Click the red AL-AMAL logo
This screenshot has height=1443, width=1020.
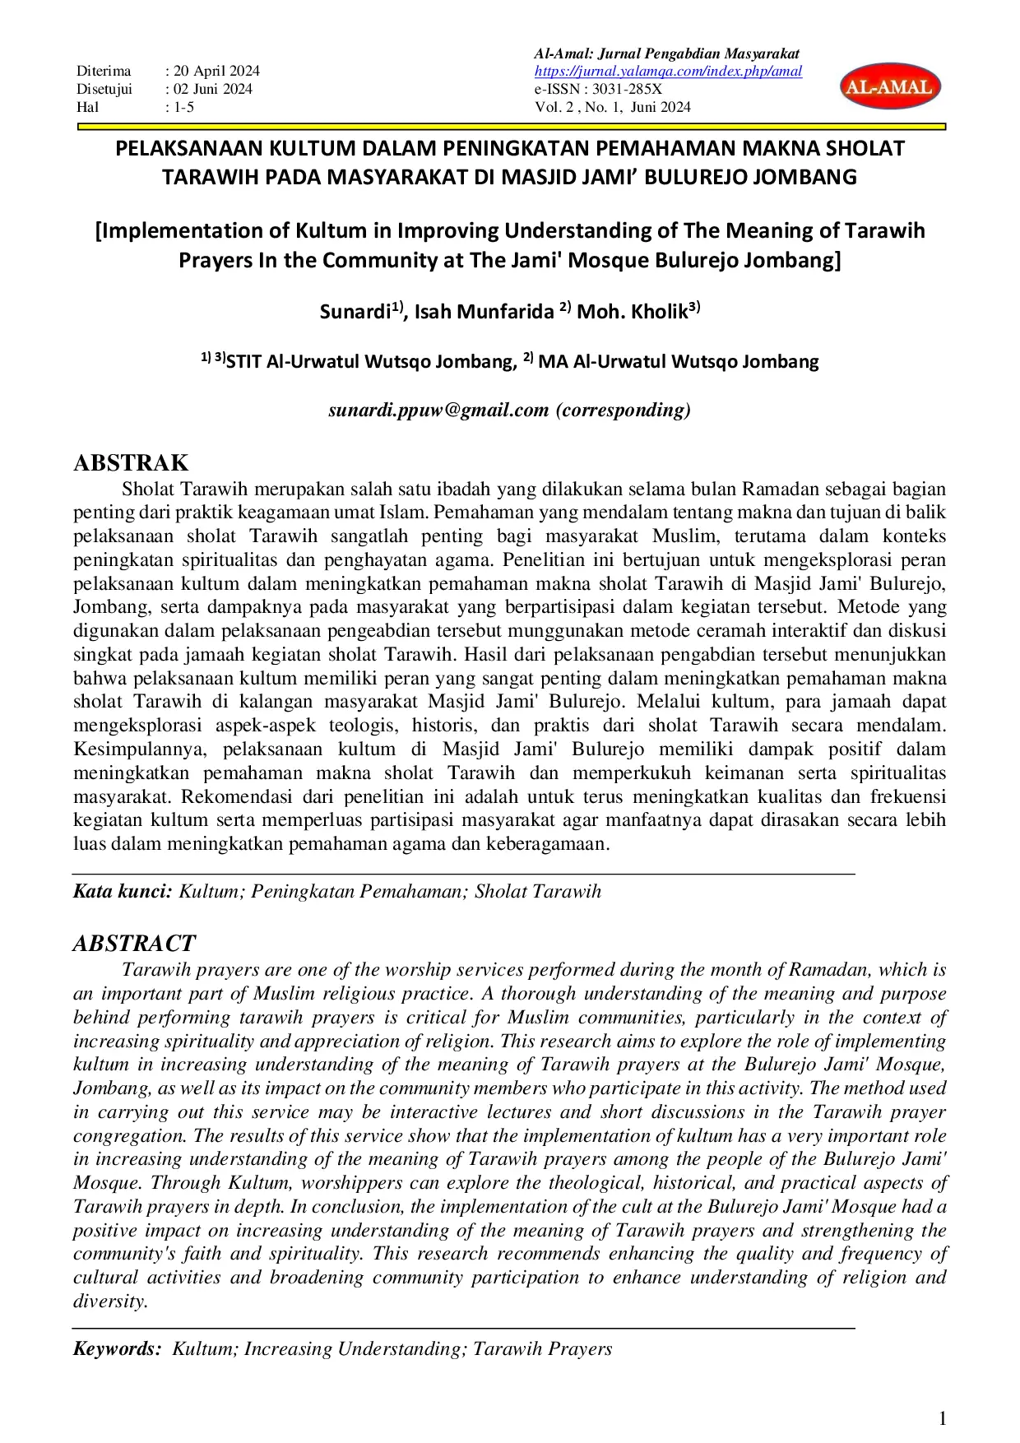click(x=890, y=87)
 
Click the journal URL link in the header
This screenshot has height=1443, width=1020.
click(x=668, y=72)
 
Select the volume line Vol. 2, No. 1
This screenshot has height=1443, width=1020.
click(x=612, y=107)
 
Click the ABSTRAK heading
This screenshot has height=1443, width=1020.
click(x=131, y=462)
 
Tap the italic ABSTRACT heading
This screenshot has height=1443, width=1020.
click(x=134, y=943)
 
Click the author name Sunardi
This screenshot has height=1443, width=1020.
click(x=355, y=312)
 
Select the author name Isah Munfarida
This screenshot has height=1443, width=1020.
click(x=484, y=312)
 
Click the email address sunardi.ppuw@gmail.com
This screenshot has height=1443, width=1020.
click(x=438, y=410)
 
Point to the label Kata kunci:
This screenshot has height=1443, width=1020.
click(x=123, y=891)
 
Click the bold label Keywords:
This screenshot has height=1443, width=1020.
click(x=117, y=1348)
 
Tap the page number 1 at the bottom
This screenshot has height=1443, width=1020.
click(x=943, y=1417)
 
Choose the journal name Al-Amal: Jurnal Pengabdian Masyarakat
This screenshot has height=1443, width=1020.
click(x=667, y=54)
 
